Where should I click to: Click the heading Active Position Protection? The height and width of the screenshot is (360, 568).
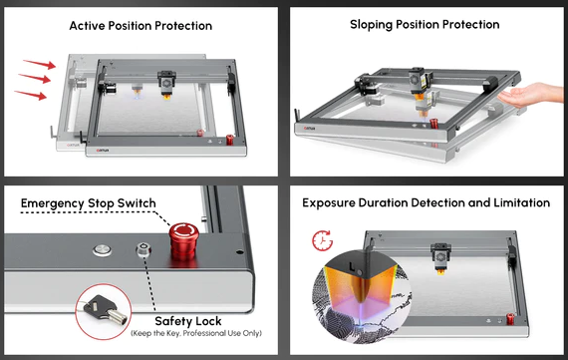coord(141,26)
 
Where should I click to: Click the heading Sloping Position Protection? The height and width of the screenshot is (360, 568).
coord(425,24)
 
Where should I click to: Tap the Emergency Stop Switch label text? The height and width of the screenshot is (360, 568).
coord(89,203)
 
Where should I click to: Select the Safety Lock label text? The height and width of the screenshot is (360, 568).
coord(188,321)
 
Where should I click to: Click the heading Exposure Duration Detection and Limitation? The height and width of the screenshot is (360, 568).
coord(426,202)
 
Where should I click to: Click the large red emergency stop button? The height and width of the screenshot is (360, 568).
coord(183,240)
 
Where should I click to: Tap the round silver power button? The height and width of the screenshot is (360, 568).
coord(103,250)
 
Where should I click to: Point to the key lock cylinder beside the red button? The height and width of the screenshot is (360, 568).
coord(143,249)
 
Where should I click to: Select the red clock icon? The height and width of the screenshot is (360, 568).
coord(322,240)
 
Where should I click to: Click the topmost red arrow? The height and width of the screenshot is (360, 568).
coord(40,64)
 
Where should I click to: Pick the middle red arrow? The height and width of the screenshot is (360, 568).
coord(35,78)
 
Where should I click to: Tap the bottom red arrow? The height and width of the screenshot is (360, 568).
coord(31,95)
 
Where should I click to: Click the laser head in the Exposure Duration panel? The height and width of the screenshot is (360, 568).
coord(440,257)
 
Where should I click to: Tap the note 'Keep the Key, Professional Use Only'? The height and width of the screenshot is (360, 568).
coord(196,333)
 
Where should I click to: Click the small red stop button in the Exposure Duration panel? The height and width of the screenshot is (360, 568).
coord(510,319)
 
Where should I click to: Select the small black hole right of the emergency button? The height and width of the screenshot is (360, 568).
coord(239,251)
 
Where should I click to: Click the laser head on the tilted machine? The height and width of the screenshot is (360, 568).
coord(421,84)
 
